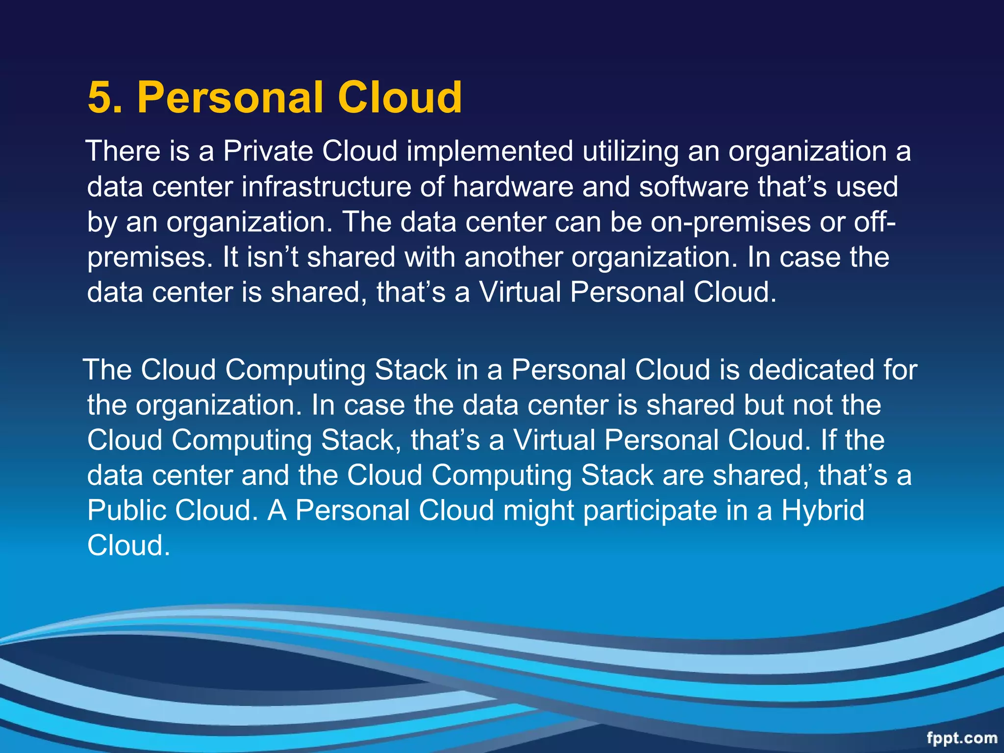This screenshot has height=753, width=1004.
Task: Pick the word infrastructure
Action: (x=326, y=187)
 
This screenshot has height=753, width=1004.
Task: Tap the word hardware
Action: (x=513, y=187)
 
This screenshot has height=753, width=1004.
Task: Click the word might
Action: (x=538, y=510)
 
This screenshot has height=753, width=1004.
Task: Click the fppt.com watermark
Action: (x=962, y=738)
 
